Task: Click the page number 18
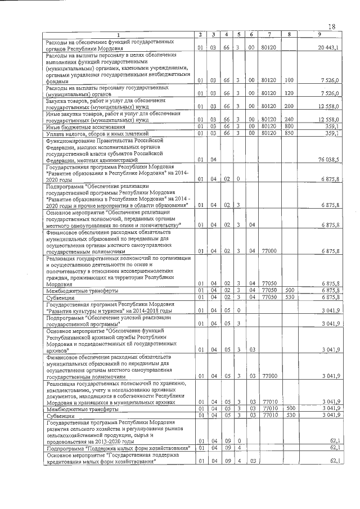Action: pos(331,27)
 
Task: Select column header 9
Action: pos(319,35)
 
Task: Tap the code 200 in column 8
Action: pos(289,106)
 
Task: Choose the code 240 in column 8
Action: pos(289,119)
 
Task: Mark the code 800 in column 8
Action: pos(289,127)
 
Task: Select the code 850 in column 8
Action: pos(289,133)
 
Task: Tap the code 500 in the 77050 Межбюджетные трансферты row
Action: pos(289,290)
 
